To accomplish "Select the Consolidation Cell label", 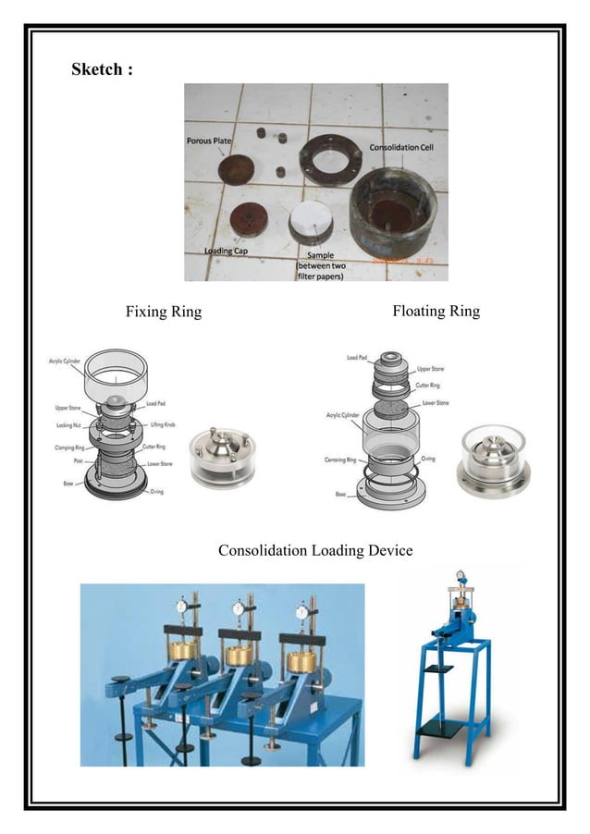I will [408, 148].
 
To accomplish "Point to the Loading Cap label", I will [226, 251].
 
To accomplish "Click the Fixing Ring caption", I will [164, 312].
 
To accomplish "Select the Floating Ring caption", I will [436, 311].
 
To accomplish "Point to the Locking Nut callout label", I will [71, 425].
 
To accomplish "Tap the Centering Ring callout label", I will [348, 460].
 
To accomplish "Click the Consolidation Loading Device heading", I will [314, 551].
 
